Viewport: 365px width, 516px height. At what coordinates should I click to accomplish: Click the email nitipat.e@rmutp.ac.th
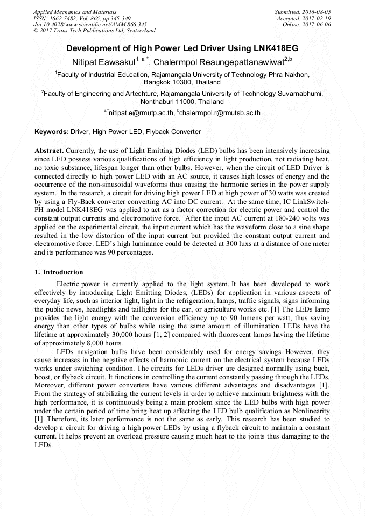pyautogui.click(x=141, y=114)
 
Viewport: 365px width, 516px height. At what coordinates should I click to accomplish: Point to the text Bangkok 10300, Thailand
pyautogui.click(x=182, y=83)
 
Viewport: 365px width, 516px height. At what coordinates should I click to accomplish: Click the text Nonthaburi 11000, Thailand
pyautogui.click(x=182, y=101)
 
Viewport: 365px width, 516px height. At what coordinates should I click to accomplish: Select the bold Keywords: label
pyautogui.click(x=52, y=132)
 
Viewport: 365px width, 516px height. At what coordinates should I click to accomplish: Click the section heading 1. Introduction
pyautogui.click(x=59, y=272)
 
